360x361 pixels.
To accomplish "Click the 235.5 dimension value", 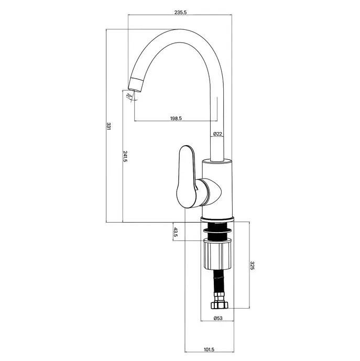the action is point(180,13).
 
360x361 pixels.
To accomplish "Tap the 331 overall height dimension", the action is point(108,126).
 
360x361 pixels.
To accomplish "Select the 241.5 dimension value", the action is point(125,156).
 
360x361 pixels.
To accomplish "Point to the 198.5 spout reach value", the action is point(176,118).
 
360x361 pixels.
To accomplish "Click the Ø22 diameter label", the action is point(217,134).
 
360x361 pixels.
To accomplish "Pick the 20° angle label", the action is point(129,95).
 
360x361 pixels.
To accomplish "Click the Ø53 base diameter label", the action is point(218,318).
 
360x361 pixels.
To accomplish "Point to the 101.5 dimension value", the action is point(209,349).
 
